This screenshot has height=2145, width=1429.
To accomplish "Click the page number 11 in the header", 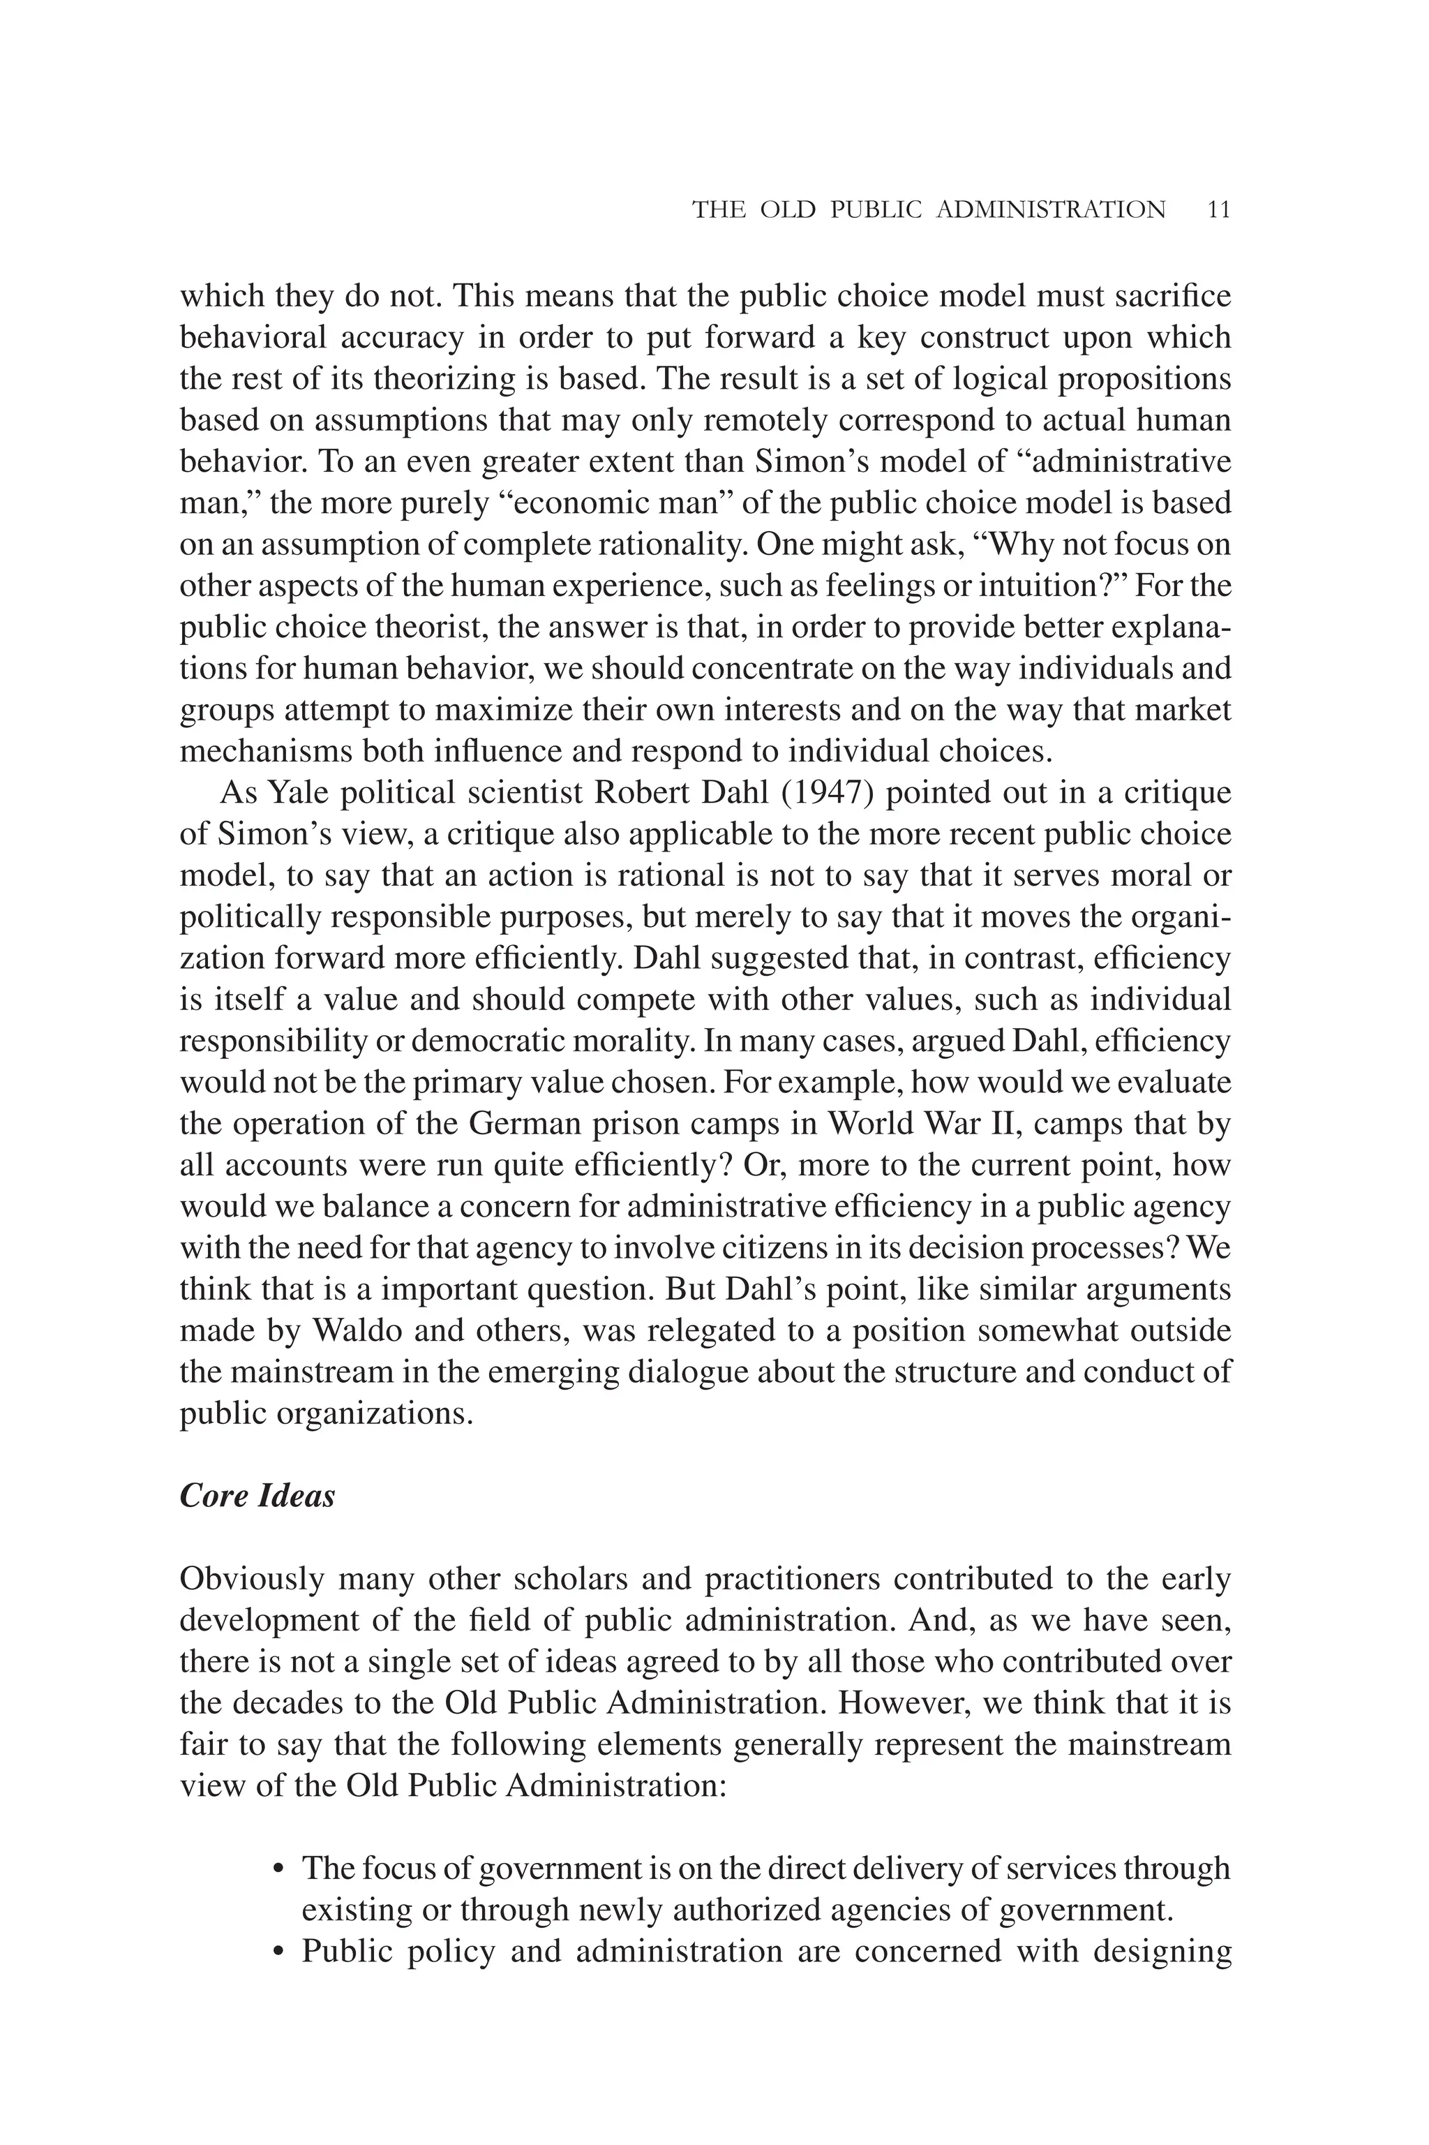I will pos(1218,209).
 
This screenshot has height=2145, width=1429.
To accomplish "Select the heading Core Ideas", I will pos(257,1496).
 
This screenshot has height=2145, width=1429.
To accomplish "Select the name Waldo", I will pos(357,1331).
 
